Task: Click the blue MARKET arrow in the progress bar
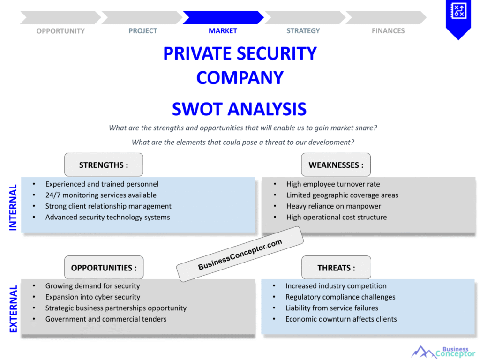click(223, 17)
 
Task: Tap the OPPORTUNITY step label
click(60, 31)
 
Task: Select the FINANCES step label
click(388, 31)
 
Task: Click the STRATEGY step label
click(303, 31)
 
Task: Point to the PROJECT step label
click(142, 31)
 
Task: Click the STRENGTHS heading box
click(104, 165)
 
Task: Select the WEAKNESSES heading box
click(336, 165)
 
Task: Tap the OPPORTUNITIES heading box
click(104, 268)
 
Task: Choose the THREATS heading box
click(336, 268)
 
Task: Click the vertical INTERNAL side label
click(13, 207)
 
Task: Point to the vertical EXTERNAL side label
click(13, 309)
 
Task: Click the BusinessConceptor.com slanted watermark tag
click(240, 254)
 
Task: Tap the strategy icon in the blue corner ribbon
click(458, 11)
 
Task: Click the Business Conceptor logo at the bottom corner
click(443, 352)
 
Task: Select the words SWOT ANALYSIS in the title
click(240, 109)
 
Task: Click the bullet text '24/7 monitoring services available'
click(101, 195)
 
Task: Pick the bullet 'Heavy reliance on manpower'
click(334, 206)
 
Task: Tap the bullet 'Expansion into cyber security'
click(93, 297)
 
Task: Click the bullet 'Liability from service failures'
click(332, 308)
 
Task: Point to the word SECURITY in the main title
click(277, 53)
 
